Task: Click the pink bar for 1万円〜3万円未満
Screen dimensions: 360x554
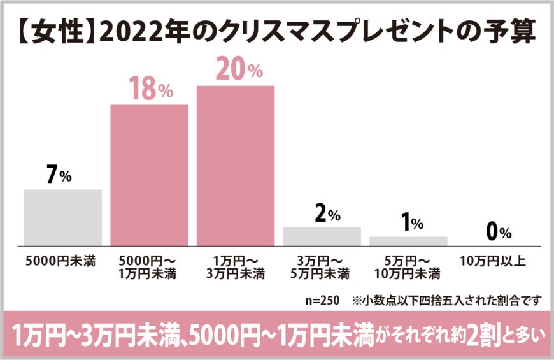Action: click(x=236, y=166)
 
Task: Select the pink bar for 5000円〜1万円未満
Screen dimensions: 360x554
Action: click(x=150, y=175)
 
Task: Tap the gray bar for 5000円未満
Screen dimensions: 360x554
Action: click(x=63, y=217)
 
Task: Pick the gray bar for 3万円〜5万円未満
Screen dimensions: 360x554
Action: click(x=322, y=236)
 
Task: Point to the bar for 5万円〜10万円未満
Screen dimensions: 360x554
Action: click(x=408, y=241)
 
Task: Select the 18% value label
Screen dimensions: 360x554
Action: click(x=152, y=90)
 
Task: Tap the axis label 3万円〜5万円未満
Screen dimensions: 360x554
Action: click(x=322, y=268)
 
